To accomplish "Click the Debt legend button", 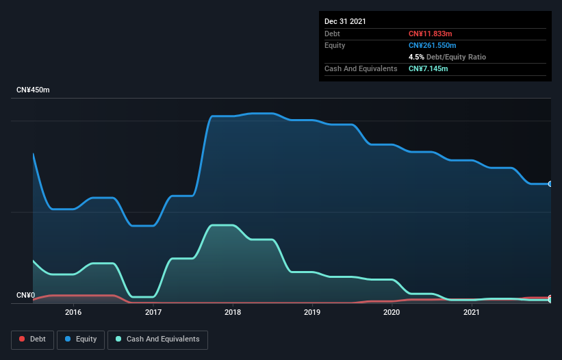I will tap(32, 339).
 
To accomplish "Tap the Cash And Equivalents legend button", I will tap(157, 339).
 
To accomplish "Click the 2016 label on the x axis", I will tap(73, 312).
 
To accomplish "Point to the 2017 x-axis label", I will tap(153, 312).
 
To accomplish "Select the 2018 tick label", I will tap(233, 312).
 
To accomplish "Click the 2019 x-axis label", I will tap(312, 312).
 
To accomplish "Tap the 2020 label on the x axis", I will tap(392, 312).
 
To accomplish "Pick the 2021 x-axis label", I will tap(471, 312).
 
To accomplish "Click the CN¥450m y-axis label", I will tap(33, 90).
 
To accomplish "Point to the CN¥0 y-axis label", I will tap(25, 296).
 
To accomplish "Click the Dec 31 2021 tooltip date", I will tap(345, 21).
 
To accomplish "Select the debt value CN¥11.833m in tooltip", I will tap(431, 34).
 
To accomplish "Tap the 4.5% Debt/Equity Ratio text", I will tap(447, 57).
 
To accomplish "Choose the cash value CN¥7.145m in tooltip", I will tap(429, 68).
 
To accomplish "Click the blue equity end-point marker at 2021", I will tap(550, 184).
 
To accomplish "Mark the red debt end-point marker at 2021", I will tap(550, 298).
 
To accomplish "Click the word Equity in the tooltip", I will tap(335, 45).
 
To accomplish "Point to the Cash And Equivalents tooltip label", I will tap(361, 68).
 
